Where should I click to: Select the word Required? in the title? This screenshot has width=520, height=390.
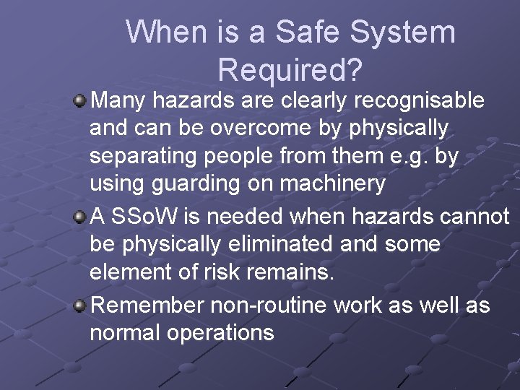coord(290,69)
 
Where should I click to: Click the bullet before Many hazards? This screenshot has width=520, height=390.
coord(80,99)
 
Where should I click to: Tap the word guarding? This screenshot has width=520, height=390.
coord(186,184)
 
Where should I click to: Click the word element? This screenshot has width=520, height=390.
coord(129,273)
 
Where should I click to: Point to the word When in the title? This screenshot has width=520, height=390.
coord(168,32)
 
